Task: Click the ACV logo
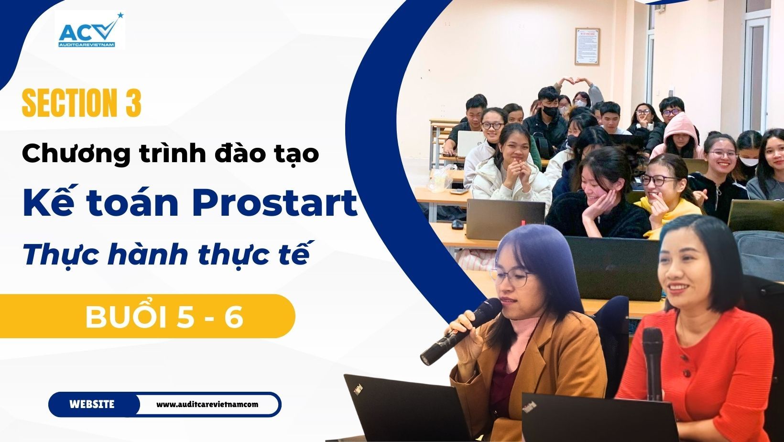pyautogui.click(x=90, y=30)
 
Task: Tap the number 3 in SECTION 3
pyautogui.click(x=133, y=103)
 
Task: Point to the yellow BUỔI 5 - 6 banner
pyautogui.click(x=147, y=316)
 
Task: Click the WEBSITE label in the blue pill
pyautogui.click(x=92, y=405)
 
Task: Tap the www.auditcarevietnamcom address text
pyautogui.click(x=207, y=405)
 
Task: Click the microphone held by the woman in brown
pyautogui.click(x=461, y=331)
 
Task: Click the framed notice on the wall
pyautogui.click(x=588, y=46)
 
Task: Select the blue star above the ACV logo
pyautogui.click(x=120, y=15)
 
